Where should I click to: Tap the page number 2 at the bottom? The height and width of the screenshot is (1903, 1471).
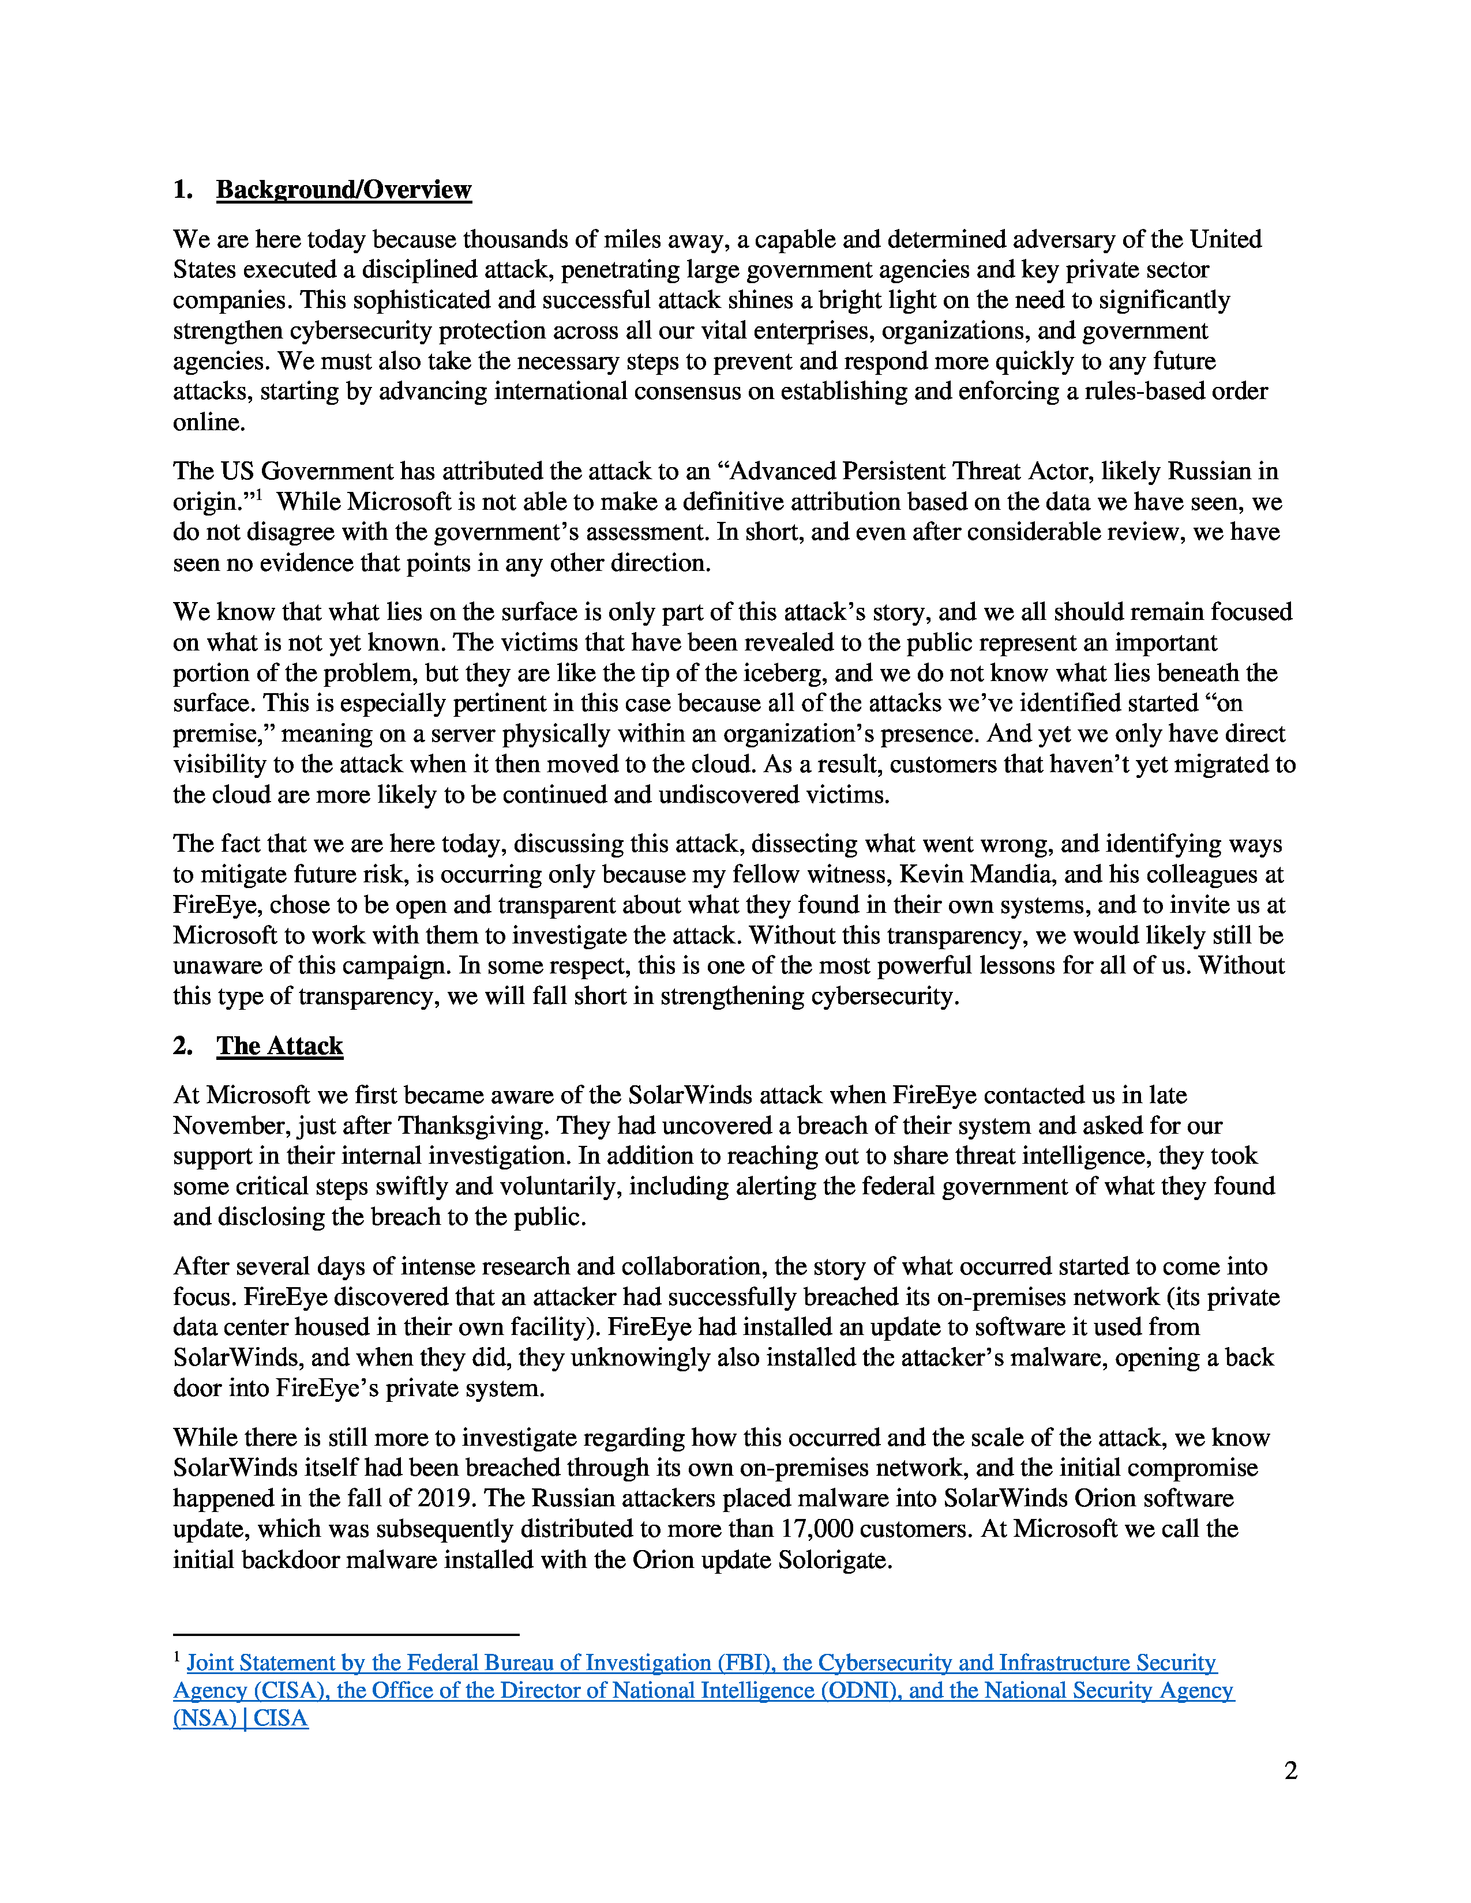1290,1770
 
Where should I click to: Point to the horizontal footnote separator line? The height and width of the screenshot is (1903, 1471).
346,1635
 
